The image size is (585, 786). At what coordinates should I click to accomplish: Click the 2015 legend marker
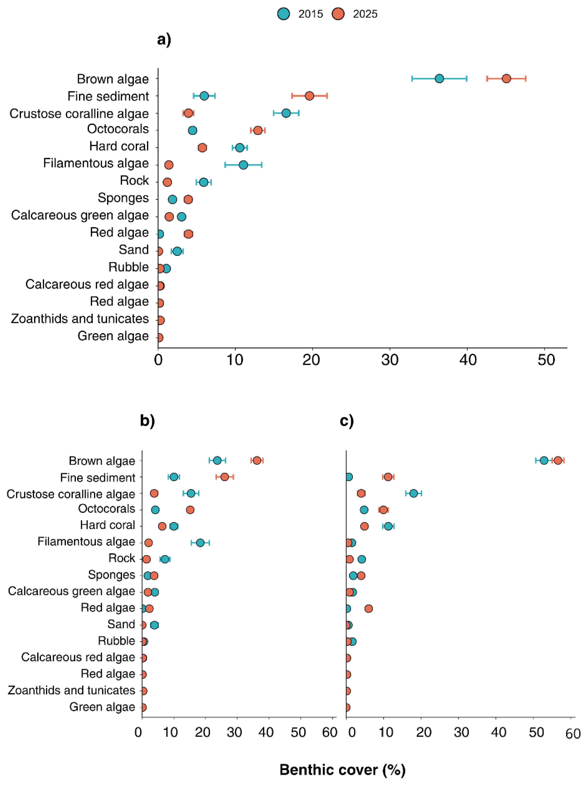click(284, 14)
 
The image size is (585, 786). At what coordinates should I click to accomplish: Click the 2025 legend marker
click(338, 14)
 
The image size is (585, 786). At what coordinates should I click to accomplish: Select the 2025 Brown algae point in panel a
click(506, 79)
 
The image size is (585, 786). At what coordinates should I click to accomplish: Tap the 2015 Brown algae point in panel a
click(439, 79)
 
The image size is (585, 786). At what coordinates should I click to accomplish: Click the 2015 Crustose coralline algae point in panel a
click(286, 113)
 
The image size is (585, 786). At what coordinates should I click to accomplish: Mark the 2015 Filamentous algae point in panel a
click(243, 165)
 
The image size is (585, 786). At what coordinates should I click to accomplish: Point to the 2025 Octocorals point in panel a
click(258, 130)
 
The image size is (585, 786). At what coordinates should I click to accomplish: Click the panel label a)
click(164, 39)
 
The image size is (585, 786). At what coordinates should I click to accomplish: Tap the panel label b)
click(147, 420)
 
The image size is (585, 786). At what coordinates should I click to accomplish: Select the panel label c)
click(347, 420)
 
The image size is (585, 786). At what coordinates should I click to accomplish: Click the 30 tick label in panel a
click(390, 360)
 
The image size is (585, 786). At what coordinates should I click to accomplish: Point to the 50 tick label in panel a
click(546, 360)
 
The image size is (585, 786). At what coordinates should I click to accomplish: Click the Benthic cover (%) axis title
click(342, 770)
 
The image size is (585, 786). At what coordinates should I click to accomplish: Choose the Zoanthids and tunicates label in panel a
click(80, 319)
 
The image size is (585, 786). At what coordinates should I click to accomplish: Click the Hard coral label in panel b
click(108, 525)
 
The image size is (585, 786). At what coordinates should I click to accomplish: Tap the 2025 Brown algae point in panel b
click(257, 460)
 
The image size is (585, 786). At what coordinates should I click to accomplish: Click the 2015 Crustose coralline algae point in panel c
click(413, 493)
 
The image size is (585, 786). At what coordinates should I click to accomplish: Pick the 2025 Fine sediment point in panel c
click(388, 477)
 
